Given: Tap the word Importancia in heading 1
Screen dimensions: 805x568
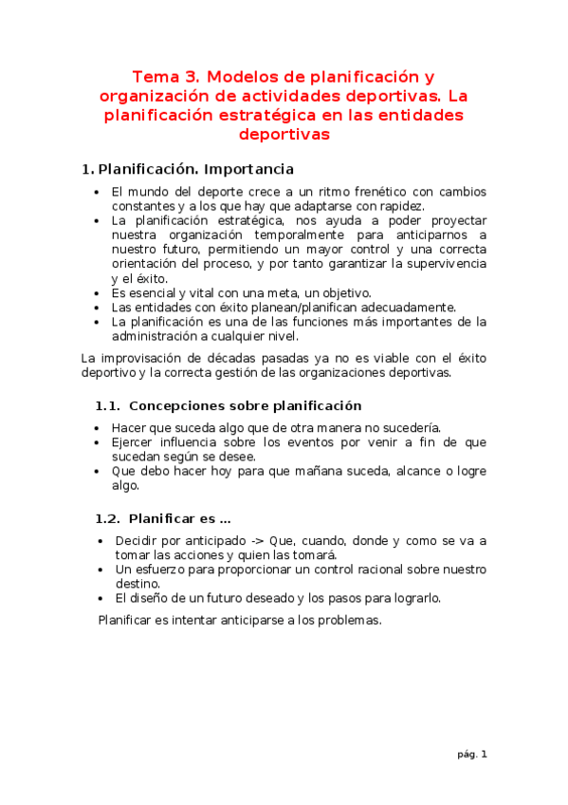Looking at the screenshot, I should pos(247,170).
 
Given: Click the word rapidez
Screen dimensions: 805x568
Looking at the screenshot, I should pos(398,206).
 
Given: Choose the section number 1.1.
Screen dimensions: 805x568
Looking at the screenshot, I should pos(107,405).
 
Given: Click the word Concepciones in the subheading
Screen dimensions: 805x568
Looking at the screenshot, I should pos(175,405).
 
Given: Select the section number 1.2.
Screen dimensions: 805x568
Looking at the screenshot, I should pos(107,518).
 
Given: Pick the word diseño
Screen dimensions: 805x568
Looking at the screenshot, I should pos(155,598).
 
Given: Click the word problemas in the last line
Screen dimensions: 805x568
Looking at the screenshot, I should pos(346,620).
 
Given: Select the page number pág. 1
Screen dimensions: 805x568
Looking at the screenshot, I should pos(471,755).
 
